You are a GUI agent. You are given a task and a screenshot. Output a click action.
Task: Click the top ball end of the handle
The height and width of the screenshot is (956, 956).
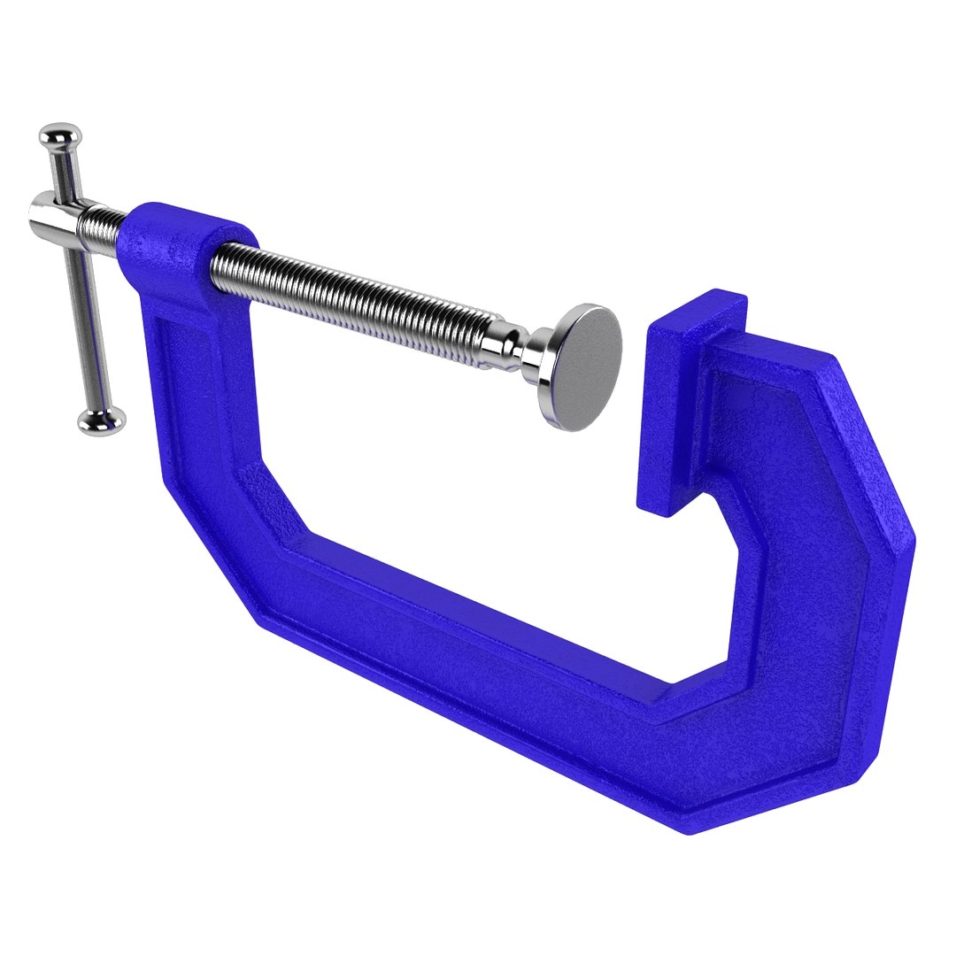pyautogui.click(x=59, y=135)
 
